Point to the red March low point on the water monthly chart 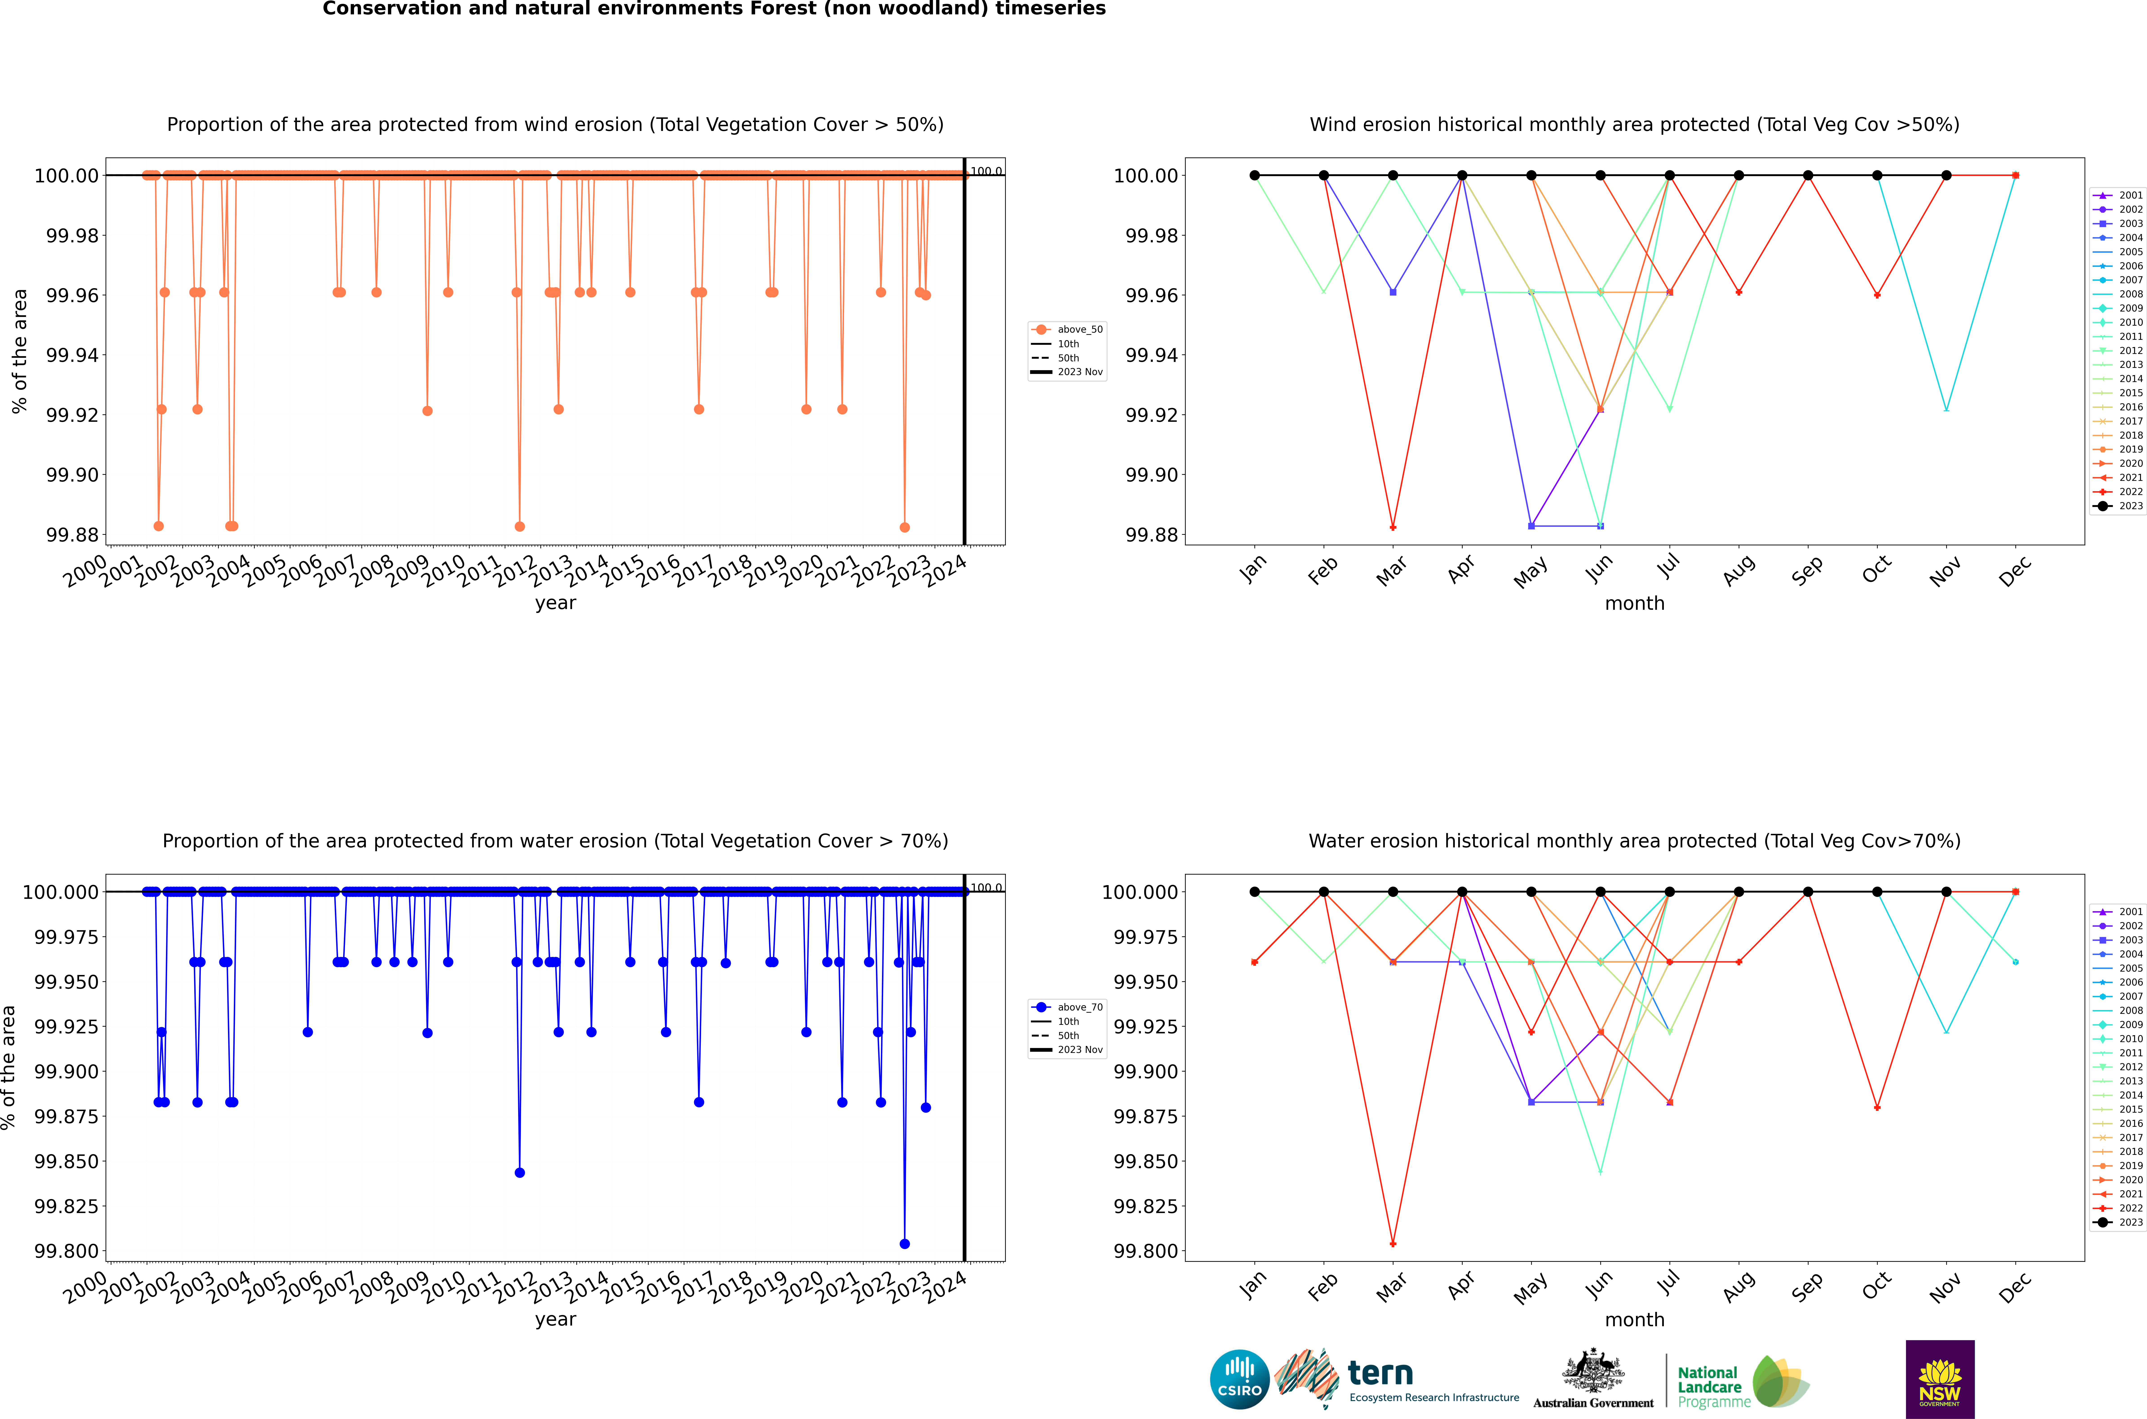[x=1392, y=1243]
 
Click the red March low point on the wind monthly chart [x=1392, y=527]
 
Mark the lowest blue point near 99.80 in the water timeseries [x=905, y=1243]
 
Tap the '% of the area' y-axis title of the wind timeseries [x=19, y=351]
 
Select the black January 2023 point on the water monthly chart [x=1254, y=891]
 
